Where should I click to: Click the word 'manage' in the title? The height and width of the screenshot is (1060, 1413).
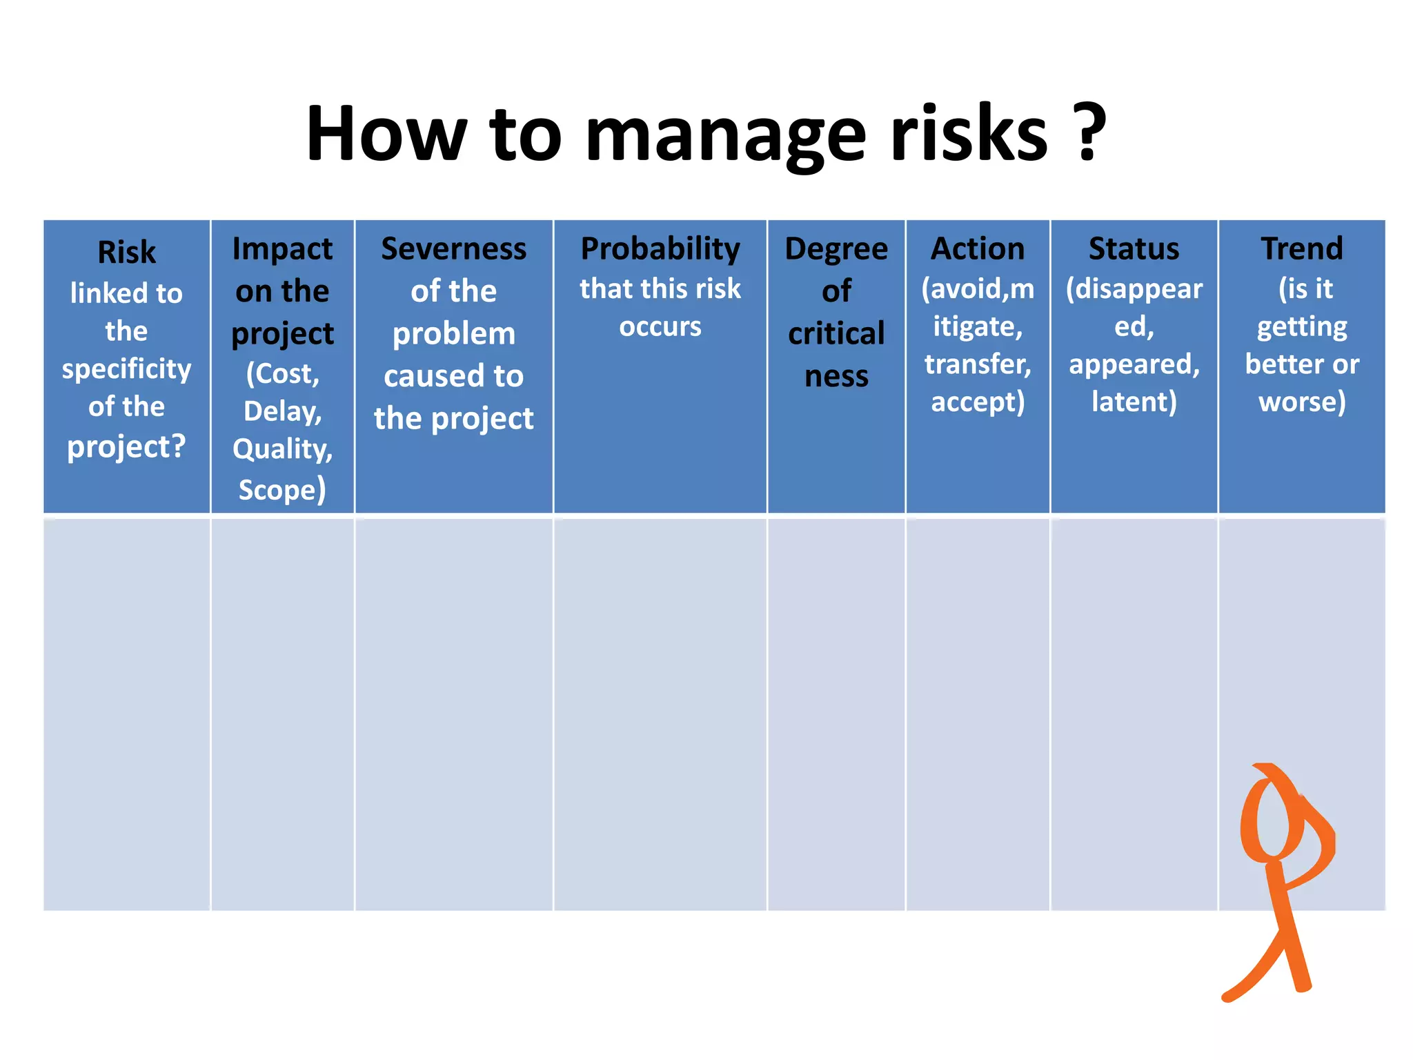[x=724, y=135]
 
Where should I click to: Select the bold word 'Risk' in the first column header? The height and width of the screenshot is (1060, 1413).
[x=126, y=252]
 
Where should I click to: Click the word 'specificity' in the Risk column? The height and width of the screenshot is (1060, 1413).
[x=126, y=369]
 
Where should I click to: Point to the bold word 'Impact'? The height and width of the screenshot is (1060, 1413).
[x=282, y=248]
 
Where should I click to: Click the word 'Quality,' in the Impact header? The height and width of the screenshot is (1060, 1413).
[x=282, y=449]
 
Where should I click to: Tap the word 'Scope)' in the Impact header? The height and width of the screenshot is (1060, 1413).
[x=282, y=489]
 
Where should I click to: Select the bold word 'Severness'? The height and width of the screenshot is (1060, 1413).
[x=453, y=248]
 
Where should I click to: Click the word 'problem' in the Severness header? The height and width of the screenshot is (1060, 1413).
[x=453, y=334]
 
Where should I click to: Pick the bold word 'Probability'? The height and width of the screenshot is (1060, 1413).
[x=660, y=248]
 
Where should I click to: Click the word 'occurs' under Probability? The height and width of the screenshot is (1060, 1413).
[x=660, y=326]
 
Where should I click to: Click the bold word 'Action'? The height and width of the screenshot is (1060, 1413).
[x=977, y=248]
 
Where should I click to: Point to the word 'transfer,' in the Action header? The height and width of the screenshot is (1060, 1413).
[x=977, y=364]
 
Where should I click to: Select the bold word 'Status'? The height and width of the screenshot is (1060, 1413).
[x=1134, y=248]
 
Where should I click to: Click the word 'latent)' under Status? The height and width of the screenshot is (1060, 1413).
[x=1134, y=402]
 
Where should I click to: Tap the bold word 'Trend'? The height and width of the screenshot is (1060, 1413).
[x=1301, y=248]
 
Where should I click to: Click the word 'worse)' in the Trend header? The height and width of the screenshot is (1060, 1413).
[x=1301, y=402]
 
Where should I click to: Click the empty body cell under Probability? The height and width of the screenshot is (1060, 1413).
[x=660, y=714]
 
